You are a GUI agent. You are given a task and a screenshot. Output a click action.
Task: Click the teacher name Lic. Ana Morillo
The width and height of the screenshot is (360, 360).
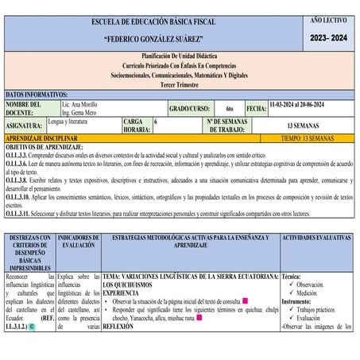coord(83,103)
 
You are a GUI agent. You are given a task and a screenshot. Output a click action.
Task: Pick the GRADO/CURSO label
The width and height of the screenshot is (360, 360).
coord(188,108)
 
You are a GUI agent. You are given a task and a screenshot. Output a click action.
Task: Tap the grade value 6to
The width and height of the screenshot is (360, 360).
coord(229,108)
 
